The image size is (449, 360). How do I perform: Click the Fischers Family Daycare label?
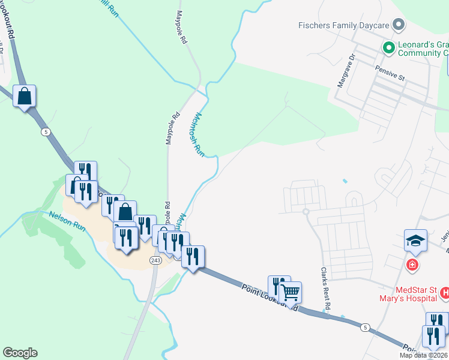point(343,25)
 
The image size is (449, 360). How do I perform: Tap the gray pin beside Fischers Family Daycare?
point(397,25)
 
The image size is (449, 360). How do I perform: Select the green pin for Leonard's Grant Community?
point(388,47)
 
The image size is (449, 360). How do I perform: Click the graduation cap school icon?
point(415,241)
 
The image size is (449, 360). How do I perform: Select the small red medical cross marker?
point(412,264)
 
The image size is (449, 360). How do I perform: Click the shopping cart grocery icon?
point(291,292)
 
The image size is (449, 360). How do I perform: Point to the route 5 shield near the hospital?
point(366,328)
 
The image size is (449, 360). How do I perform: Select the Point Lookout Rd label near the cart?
point(271,296)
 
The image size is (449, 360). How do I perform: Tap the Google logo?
point(20,353)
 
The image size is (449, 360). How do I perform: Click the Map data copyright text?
point(424,355)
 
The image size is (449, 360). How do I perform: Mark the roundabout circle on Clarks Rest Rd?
point(306,211)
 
